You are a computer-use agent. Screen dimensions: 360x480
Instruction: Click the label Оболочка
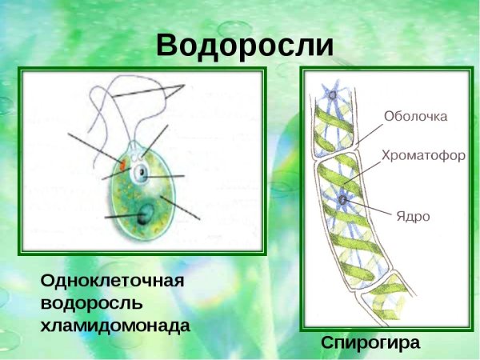coord(415,117)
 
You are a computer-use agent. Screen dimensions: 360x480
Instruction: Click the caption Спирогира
coord(370,342)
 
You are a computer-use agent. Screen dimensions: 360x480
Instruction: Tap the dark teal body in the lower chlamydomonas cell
coord(146,214)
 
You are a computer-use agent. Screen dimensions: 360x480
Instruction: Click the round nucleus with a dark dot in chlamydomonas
coord(142,172)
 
